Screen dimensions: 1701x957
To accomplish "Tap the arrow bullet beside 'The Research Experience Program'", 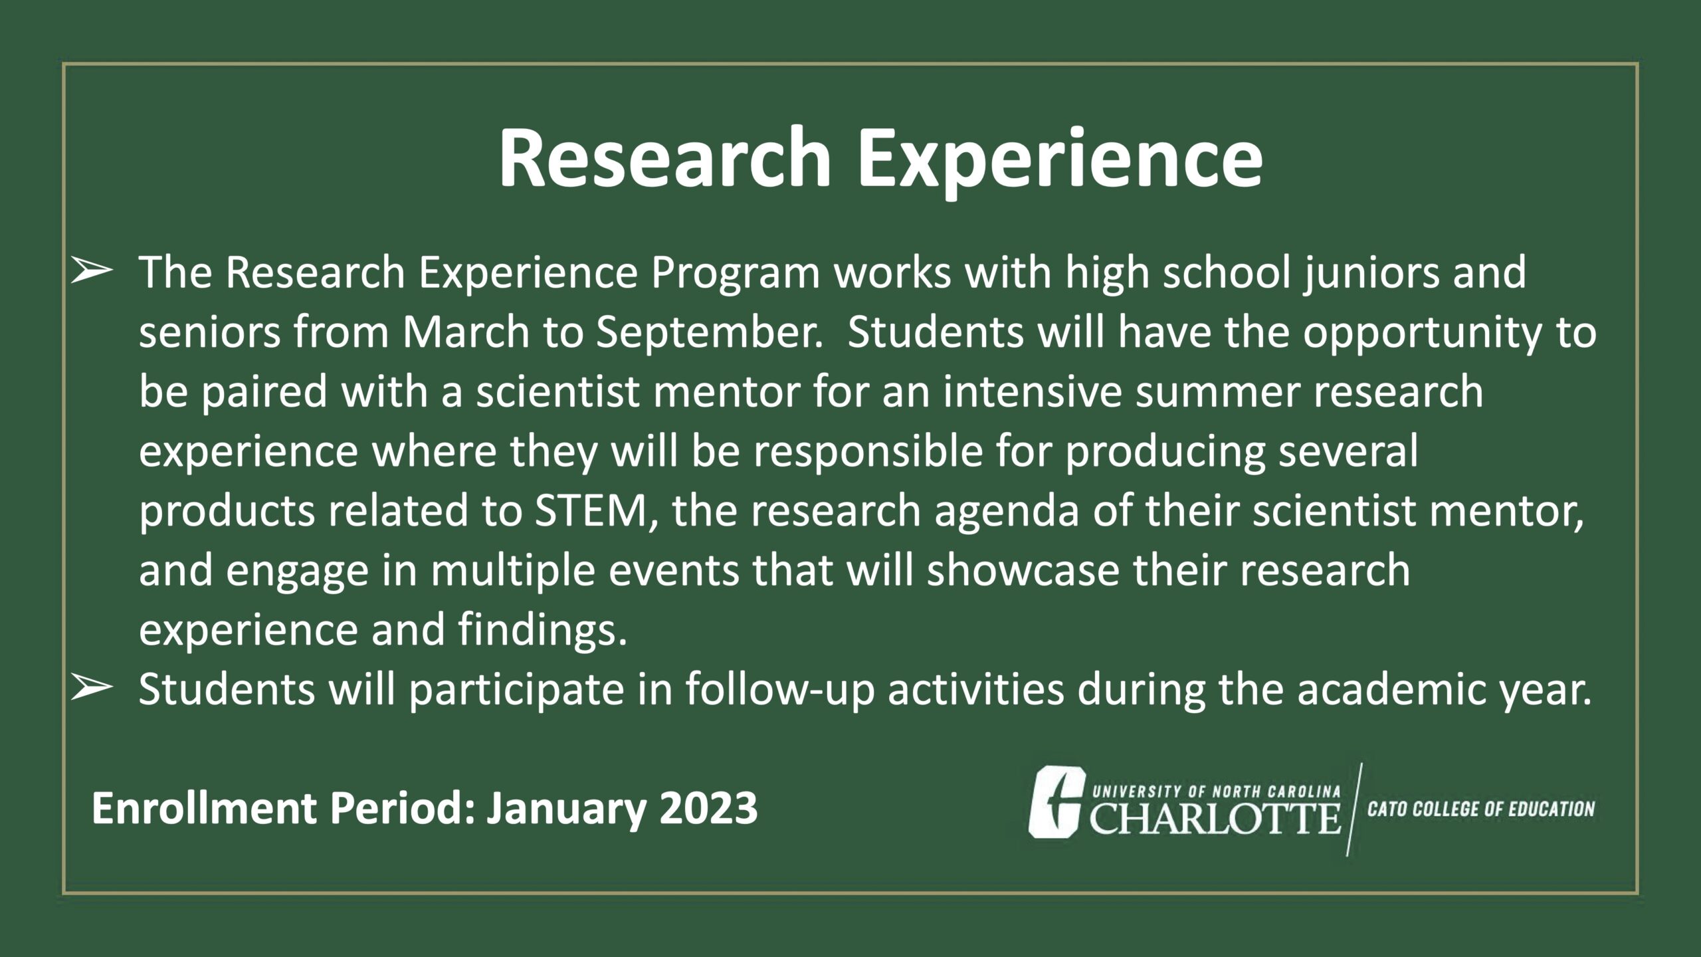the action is coord(90,273).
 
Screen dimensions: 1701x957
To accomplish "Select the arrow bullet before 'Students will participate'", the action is coord(90,689).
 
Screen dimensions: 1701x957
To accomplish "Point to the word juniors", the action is coord(1371,274).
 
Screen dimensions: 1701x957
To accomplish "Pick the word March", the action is coord(465,332).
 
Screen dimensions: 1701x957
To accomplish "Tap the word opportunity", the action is coord(1422,334).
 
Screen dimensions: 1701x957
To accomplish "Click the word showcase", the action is coord(1023,572).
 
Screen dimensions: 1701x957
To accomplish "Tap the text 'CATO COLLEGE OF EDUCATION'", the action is coord(1480,809).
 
